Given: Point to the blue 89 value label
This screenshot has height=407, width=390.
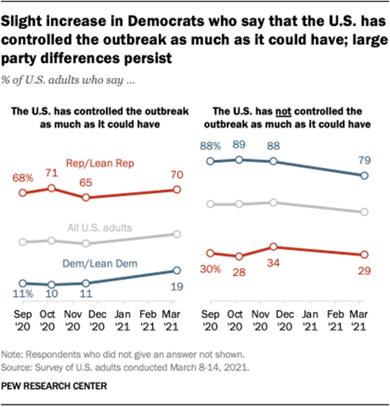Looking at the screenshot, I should tap(240, 145).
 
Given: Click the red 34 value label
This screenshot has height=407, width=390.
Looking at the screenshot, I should tap(273, 262).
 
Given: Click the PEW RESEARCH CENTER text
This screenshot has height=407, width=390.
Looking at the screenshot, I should tap(48, 384).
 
